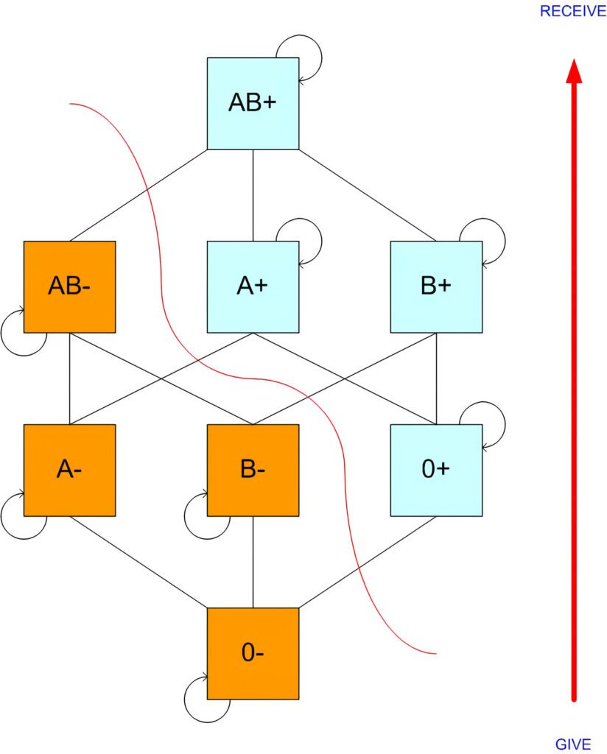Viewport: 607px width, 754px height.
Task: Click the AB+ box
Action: [253, 103]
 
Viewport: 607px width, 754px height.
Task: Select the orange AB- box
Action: [69, 286]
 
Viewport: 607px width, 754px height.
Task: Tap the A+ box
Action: [253, 286]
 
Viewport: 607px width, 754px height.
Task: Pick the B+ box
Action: [436, 286]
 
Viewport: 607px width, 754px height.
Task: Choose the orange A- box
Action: [69, 470]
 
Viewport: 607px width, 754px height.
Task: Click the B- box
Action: [253, 470]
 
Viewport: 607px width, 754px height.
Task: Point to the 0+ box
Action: [436, 470]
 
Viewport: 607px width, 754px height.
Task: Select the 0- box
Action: [253, 653]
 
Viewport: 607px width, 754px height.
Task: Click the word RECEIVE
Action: [572, 11]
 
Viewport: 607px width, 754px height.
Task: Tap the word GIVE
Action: [573, 744]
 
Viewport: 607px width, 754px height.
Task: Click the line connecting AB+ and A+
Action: [253, 195]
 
